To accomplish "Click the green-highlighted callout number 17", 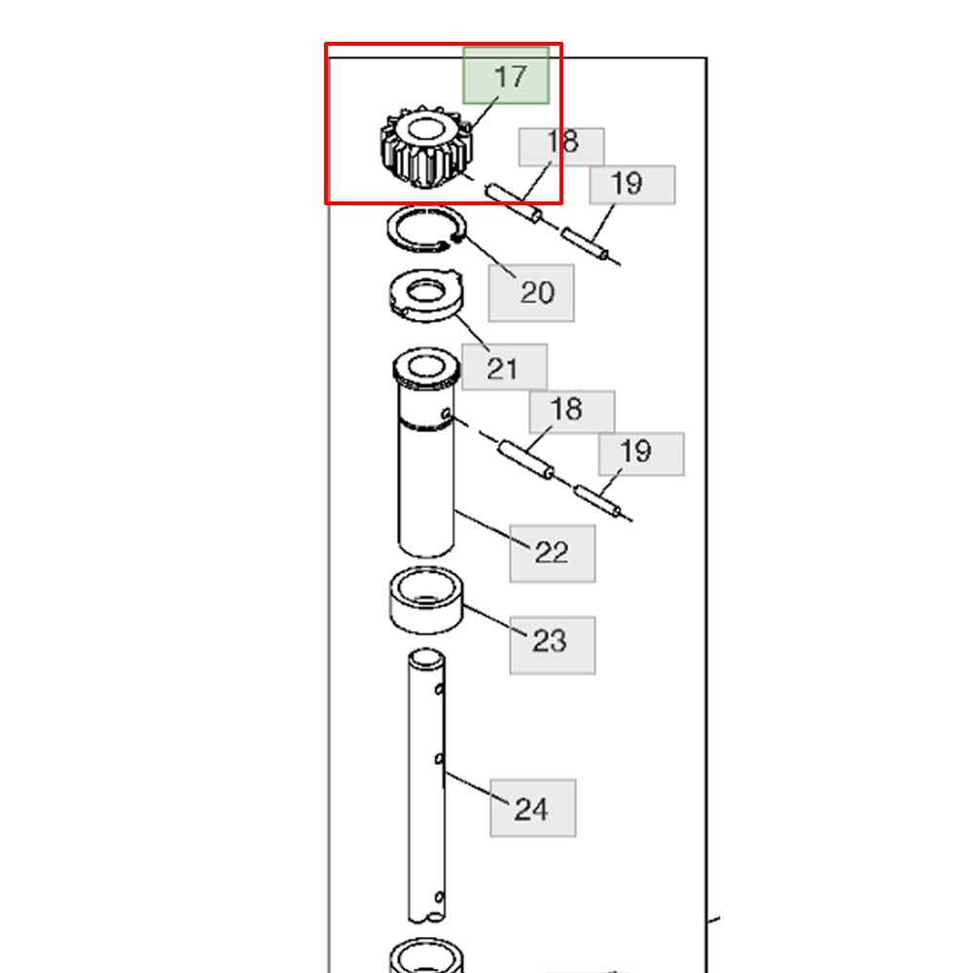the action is [x=506, y=76].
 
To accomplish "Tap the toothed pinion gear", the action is [x=426, y=148].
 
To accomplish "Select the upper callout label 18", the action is [x=561, y=147].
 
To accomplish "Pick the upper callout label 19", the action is [x=632, y=185].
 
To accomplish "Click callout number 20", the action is [x=531, y=293].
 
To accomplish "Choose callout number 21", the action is [x=504, y=367].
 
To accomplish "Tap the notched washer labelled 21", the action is [x=426, y=296].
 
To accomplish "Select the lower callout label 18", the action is [x=572, y=412].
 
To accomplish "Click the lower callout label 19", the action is [x=641, y=454].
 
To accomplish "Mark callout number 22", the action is [x=553, y=554].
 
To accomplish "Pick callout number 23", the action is [x=553, y=645].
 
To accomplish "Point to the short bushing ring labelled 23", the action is [x=426, y=600].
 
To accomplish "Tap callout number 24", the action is [x=533, y=808].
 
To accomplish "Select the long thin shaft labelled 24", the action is [x=426, y=785].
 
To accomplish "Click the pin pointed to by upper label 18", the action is [x=514, y=202].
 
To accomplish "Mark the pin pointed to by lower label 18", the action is [x=526, y=460].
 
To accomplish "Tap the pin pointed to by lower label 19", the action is [x=597, y=501].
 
